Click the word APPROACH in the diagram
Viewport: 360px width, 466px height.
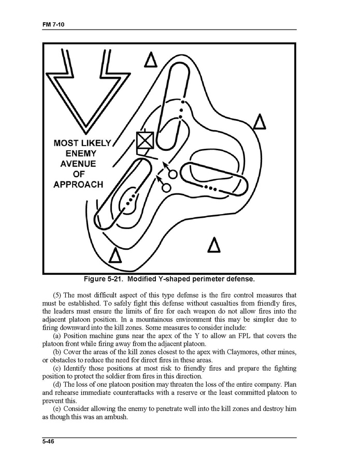tap(78, 185)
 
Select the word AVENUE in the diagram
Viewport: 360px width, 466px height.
tap(78, 164)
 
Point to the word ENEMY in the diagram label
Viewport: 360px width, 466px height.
tap(81, 153)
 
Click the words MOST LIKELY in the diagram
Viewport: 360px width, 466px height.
tap(82, 143)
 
